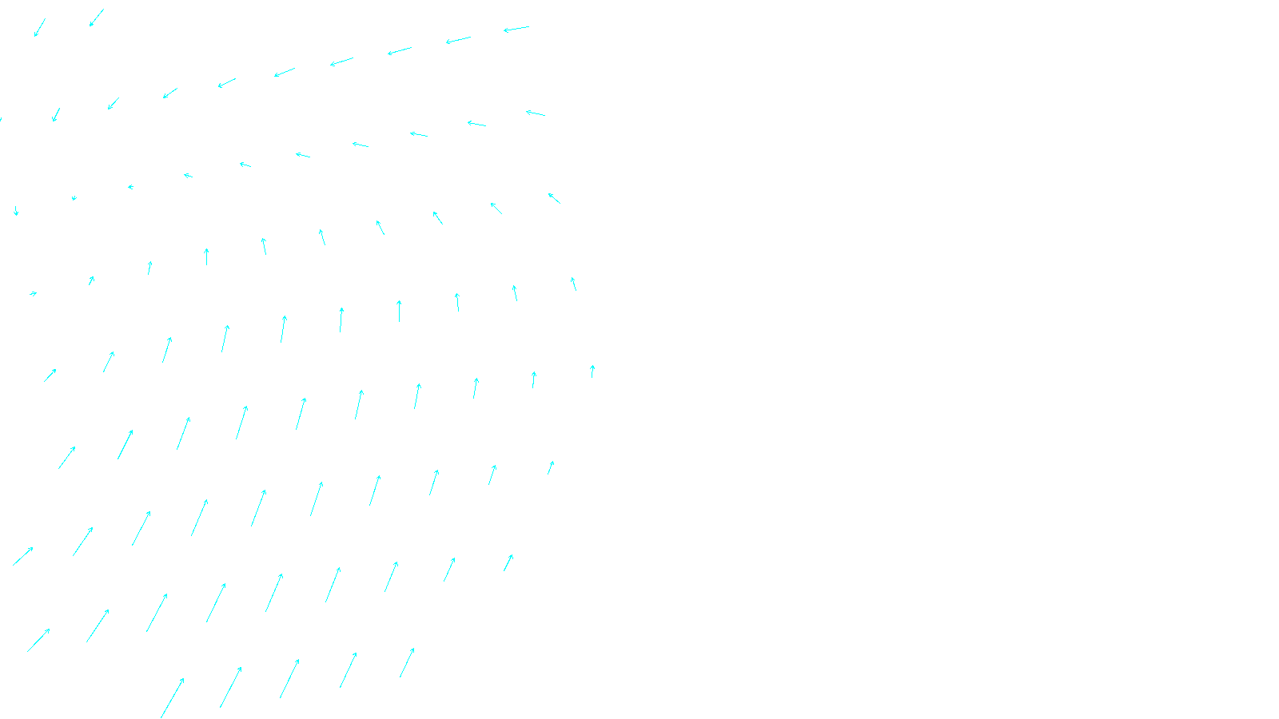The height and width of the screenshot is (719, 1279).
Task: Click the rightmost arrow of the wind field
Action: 592,371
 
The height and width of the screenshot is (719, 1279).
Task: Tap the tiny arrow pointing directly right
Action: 34,294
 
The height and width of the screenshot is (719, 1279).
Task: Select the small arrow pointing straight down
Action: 16,211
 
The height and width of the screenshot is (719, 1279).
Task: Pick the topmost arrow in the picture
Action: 97,18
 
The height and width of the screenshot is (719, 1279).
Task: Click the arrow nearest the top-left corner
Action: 39,28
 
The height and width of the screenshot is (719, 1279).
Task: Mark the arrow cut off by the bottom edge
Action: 172,697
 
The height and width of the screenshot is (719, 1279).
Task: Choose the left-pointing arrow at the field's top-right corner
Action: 516,30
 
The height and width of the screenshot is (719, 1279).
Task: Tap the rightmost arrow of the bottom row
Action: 407,662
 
